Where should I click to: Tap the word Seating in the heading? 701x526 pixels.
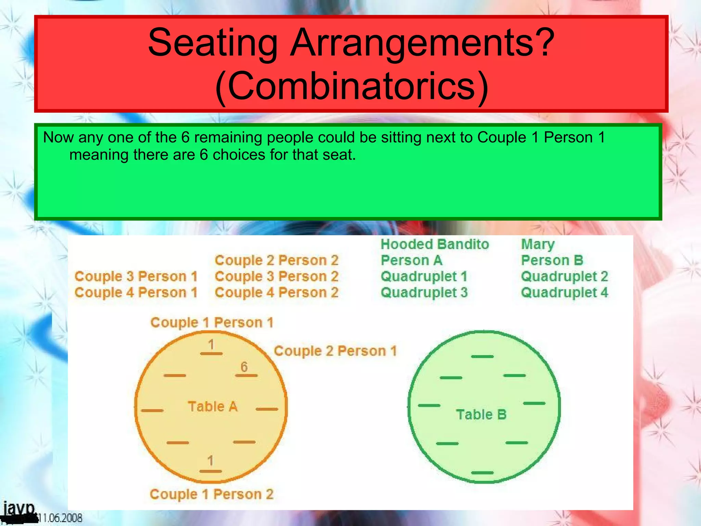coord(212,43)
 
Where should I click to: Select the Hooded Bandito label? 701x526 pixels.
coord(435,245)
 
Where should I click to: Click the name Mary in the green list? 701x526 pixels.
coord(537,245)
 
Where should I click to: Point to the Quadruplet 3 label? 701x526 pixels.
coord(424,293)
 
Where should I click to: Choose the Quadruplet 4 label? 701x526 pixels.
coord(564,293)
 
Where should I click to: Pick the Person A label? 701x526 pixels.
coord(411,261)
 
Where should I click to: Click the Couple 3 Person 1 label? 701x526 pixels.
coord(136,277)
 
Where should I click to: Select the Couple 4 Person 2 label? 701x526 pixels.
coord(277,293)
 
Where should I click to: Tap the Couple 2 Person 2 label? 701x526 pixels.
coord(277,261)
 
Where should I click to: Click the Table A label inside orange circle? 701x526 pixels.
coord(213,406)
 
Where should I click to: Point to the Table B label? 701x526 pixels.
coord(481,415)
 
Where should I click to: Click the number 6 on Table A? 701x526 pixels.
coord(244,367)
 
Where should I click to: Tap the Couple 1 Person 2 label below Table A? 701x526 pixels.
coord(212,494)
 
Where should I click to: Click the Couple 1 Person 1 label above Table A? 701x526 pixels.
coord(212,323)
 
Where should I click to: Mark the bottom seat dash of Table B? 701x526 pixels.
coord(482,473)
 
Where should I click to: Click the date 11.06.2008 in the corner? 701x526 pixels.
coord(60,518)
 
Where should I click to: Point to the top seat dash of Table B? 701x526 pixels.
coord(482,356)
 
